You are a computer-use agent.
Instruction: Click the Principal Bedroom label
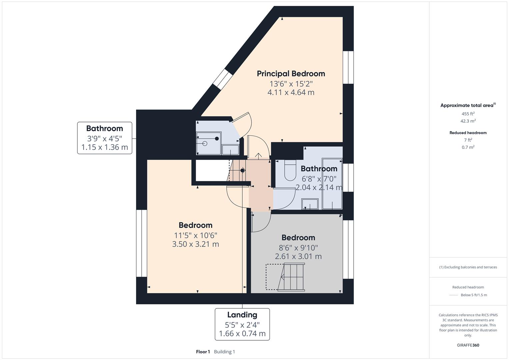tap(291, 74)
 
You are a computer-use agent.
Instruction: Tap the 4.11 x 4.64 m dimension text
tap(291, 92)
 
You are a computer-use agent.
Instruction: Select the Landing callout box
tap(242, 324)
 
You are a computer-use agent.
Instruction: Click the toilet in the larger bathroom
tap(290, 169)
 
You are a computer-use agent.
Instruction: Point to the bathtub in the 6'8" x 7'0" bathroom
tap(332, 183)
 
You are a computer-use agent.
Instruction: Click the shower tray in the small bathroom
tap(209, 143)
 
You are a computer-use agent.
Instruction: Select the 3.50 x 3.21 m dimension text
tap(195, 244)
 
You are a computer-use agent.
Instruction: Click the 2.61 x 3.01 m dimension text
tap(298, 256)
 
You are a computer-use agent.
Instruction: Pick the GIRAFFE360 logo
tap(468, 345)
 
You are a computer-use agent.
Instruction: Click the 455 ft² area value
tap(468, 114)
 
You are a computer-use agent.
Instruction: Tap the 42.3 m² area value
tap(468, 121)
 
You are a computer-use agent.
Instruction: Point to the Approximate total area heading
tap(467, 105)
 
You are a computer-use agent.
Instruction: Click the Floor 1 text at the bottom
tap(203, 352)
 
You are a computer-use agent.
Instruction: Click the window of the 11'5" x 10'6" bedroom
tap(142, 243)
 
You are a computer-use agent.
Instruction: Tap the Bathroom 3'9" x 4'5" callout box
tap(105, 138)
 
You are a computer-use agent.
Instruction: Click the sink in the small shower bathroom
tap(230, 150)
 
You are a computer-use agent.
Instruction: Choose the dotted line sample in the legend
tap(454, 295)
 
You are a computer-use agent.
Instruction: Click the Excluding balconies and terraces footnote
tap(468, 267)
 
